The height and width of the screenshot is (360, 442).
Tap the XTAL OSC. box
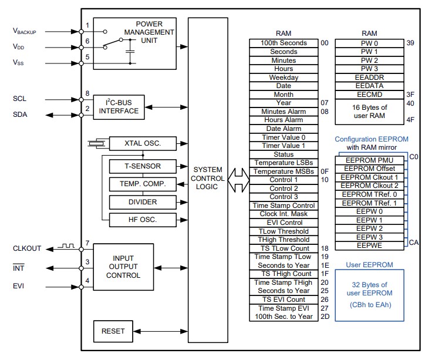pos(142,143)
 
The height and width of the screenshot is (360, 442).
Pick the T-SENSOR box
pos(142,166)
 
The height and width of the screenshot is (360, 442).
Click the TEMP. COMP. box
pos(142,184)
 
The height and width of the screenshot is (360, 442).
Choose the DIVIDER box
pos(142,201)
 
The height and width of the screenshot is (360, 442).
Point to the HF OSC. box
pos(142,220)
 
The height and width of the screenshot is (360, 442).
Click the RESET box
pos(113,331)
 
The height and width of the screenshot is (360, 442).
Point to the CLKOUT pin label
pos(27,248)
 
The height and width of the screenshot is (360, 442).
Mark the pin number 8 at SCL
pos(87,93)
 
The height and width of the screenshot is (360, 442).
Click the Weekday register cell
pos(284,78)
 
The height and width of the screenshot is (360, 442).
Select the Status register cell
pos(284,154)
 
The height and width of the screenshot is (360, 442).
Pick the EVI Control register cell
pos(284,223)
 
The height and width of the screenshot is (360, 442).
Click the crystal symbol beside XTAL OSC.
pos(95,143)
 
